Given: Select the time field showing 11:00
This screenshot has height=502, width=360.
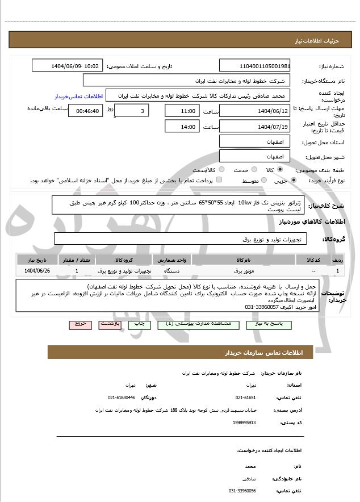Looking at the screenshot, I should tap(182, 111).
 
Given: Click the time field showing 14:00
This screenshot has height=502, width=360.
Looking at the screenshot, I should tap(182, 127).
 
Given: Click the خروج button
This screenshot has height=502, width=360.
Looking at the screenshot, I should tap(80, 324).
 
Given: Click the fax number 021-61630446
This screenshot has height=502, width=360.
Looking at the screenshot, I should tap(122, 398).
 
